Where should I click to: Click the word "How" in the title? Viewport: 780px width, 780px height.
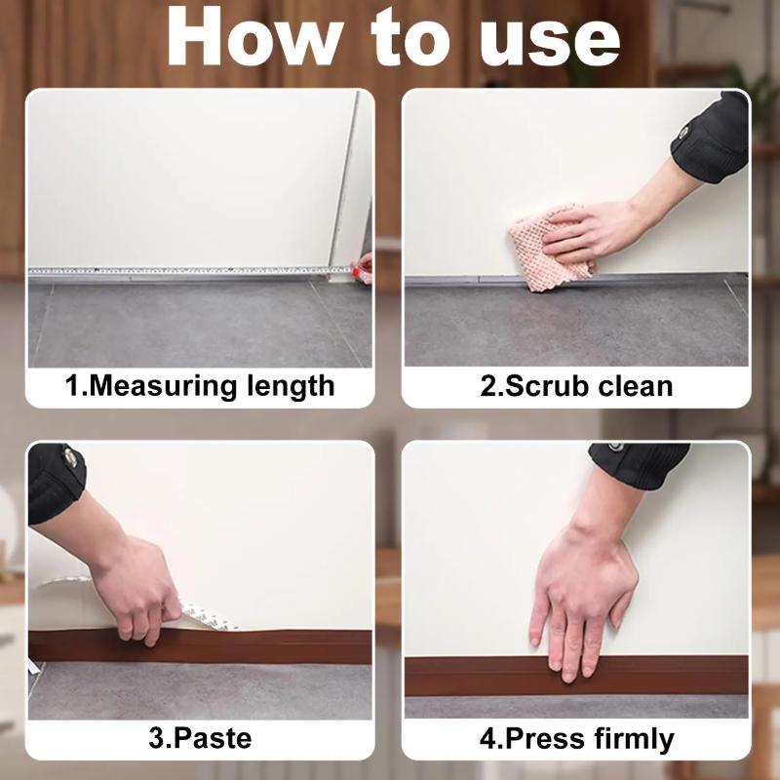(248, 39)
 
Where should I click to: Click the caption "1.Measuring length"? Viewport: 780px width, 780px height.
(200, 385)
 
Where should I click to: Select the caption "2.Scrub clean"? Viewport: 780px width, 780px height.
(576, 385)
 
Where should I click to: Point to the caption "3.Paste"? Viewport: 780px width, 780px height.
(200, 737)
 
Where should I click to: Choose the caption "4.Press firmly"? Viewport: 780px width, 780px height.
(576, 738)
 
